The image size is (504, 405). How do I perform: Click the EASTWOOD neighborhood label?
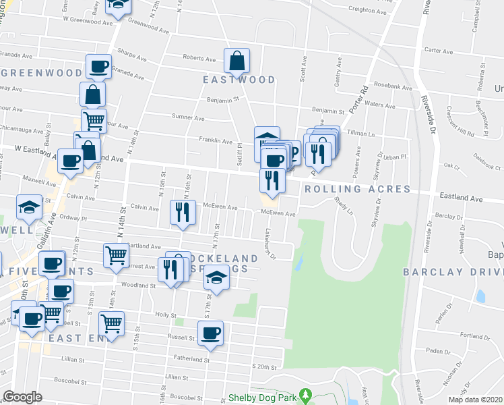pyautogui.click(x=239, y=80)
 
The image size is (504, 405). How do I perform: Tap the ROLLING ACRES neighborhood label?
pyautogui.click(x=357, y=189)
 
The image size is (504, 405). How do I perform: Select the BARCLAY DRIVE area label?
pyautogui.click(x=453, y=272)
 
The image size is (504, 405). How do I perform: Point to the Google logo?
pyautogui.click(x=23, y=397)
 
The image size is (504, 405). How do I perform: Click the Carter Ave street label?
pyautogui.click(x=439, y=51)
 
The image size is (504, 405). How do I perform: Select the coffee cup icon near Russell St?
pyautogui.click(x=210, y=333)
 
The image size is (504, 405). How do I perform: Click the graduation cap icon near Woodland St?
pyautogui.click(x=216, y=278)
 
